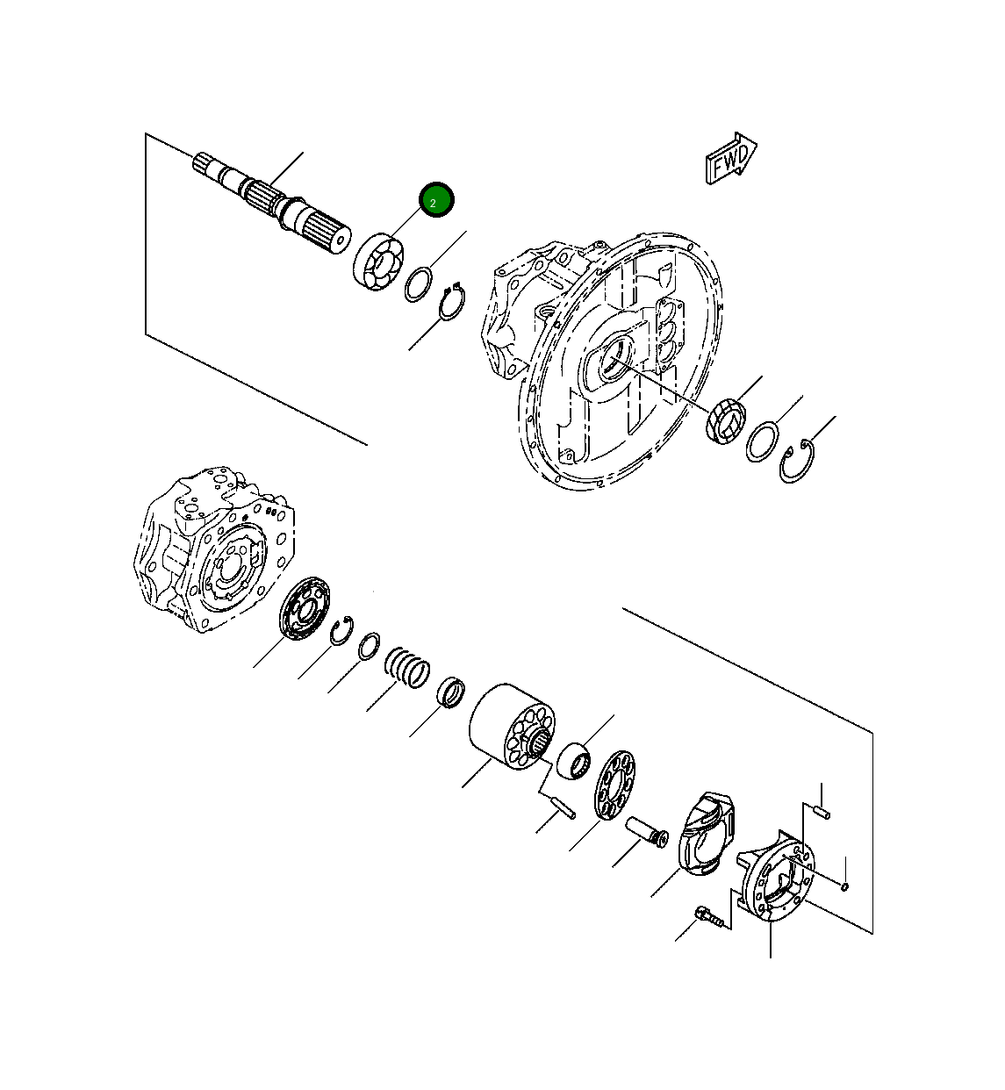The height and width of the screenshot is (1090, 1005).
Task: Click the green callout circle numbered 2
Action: [x=436, y=201]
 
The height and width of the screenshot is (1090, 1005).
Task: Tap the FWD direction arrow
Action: [x=730, y=160]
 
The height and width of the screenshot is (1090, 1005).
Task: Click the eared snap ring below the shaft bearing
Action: [x=451, y=304]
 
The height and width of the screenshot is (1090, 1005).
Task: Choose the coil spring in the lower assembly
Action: [x=406, y=667]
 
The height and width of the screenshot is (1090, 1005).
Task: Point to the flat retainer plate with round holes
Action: [x=615, y=784]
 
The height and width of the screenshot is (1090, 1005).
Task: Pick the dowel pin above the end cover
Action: [x=821, y=812]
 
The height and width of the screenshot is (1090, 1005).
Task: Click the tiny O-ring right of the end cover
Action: [x=844, y=886]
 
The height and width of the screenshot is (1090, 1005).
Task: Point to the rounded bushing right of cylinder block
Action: [x=576, y=758]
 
